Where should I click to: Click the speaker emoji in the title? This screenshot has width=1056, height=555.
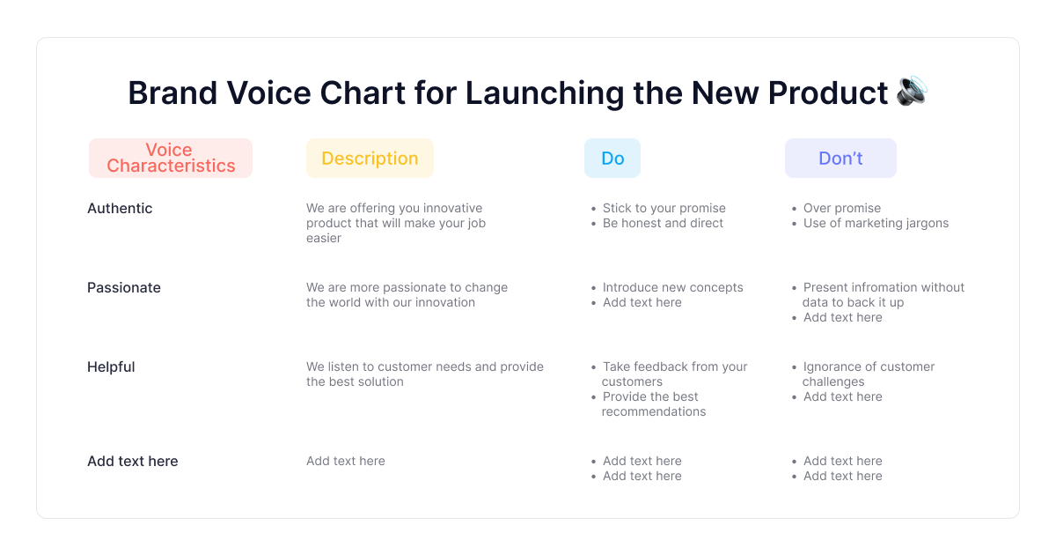(912, 91)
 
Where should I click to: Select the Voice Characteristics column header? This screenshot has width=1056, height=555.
(171, 158)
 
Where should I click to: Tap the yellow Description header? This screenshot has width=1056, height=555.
(370, 158)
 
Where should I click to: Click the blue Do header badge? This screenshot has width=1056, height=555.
(612, 158)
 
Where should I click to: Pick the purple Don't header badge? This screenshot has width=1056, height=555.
(840, 158)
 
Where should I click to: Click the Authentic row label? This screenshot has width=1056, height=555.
(120, 208)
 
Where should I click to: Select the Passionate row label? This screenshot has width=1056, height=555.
(124, 287)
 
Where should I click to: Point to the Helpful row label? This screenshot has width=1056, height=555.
(111, 366)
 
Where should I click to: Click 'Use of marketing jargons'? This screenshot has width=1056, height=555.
(876, 223)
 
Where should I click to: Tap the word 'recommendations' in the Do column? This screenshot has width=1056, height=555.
(654, 411)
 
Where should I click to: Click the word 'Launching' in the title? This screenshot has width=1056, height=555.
(545, 93)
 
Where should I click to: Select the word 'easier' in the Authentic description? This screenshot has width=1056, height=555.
(324, 239)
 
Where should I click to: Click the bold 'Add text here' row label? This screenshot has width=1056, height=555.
(133, 461)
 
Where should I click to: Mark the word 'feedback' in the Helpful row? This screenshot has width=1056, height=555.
(664, 366)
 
